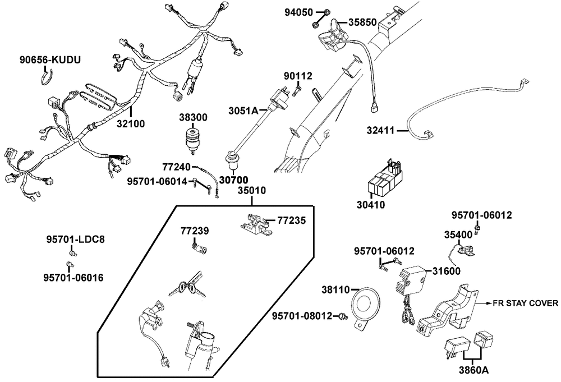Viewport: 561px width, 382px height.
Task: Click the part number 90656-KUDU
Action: (50, 59)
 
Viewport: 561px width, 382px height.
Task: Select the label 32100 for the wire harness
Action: (130, 123)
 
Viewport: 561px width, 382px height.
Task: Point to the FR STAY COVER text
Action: (525, 303)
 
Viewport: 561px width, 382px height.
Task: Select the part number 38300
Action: (193, 118)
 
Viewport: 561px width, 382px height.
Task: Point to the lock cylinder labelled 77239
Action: (199, 247)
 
